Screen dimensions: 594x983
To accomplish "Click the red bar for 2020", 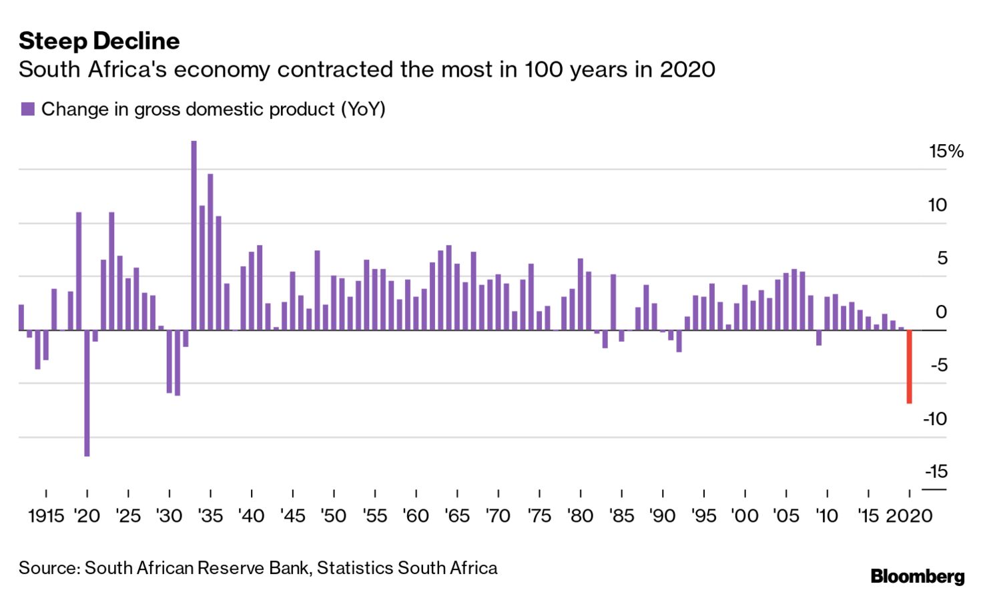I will [909, 366].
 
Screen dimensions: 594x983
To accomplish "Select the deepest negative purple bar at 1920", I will [87, 393].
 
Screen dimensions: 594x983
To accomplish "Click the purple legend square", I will [27, 109].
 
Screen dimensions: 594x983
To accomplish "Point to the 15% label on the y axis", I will [946, 152].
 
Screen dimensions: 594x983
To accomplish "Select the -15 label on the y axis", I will [936, 471].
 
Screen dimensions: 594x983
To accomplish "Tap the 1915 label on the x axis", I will [46, 516].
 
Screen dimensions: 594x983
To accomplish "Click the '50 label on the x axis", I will [333, 516].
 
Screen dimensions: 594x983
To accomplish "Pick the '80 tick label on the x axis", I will [580, 516].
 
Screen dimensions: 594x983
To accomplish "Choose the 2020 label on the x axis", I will [909, 516].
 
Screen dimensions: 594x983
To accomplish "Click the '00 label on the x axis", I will [744, 516].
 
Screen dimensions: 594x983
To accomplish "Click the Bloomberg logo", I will [918, 576].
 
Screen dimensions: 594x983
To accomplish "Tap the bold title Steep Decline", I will [99, 41].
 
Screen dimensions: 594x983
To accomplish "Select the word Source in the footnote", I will [49, 568].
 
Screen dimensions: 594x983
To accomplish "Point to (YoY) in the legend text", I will [363, 109].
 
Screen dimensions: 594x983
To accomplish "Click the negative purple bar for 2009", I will [819, 338].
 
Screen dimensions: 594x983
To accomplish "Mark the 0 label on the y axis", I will [941, 312].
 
